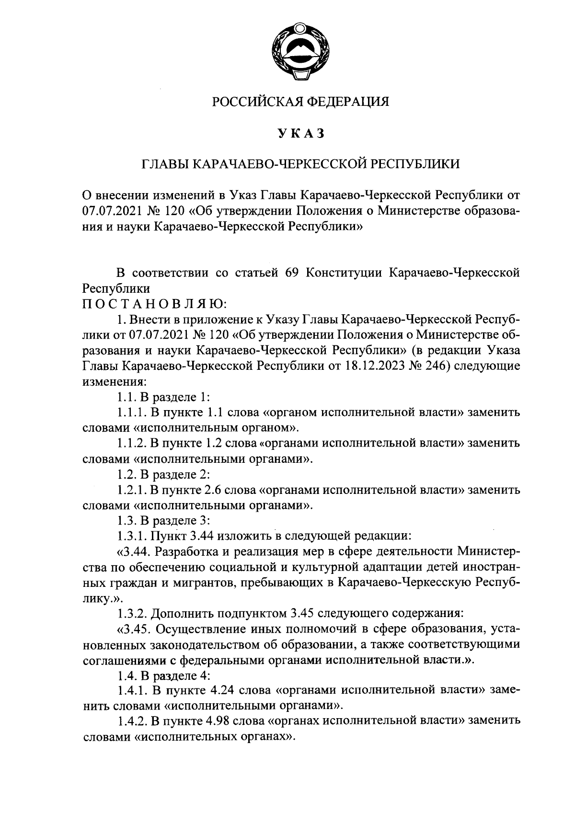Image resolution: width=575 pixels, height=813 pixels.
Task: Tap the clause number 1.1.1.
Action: coord(131,413)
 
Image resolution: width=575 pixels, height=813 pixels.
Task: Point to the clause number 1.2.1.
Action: coord(131,490)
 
